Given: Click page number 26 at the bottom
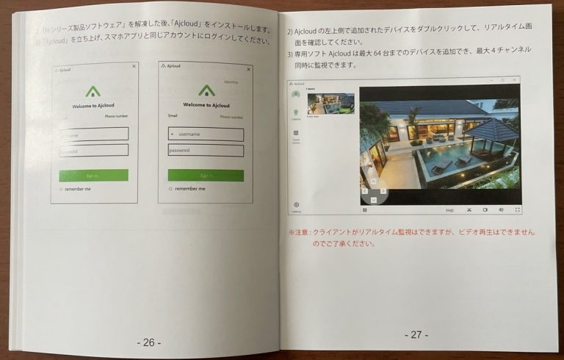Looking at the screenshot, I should [x=148, y=342].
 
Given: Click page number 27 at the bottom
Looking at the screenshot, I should [x=416, y=334].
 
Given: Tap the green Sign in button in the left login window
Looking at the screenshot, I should [x=93, y=175].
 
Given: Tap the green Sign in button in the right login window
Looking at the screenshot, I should [x=206, y=176].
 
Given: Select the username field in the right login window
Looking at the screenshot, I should [x=206, y=134].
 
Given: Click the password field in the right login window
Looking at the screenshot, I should [x=206, y=150].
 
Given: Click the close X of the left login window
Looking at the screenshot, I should [x=134, y=66].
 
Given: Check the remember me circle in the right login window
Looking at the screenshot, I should [x=170, y=189].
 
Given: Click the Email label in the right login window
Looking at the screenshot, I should [x=173, y=115].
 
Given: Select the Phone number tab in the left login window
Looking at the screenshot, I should [x=116, y=115].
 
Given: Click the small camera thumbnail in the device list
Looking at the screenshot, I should [x=330, y=104].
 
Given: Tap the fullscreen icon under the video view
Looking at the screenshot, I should [x=517, y=209].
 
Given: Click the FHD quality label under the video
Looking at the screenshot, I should [x=449, y=210].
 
